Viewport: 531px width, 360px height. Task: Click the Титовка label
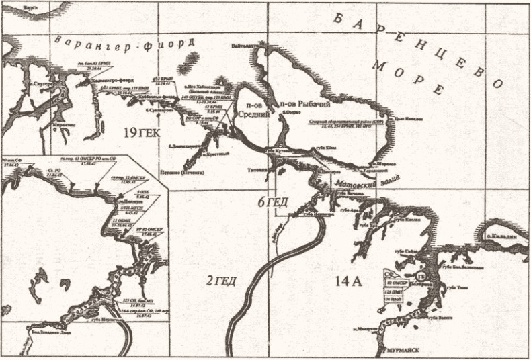(259, 170)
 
